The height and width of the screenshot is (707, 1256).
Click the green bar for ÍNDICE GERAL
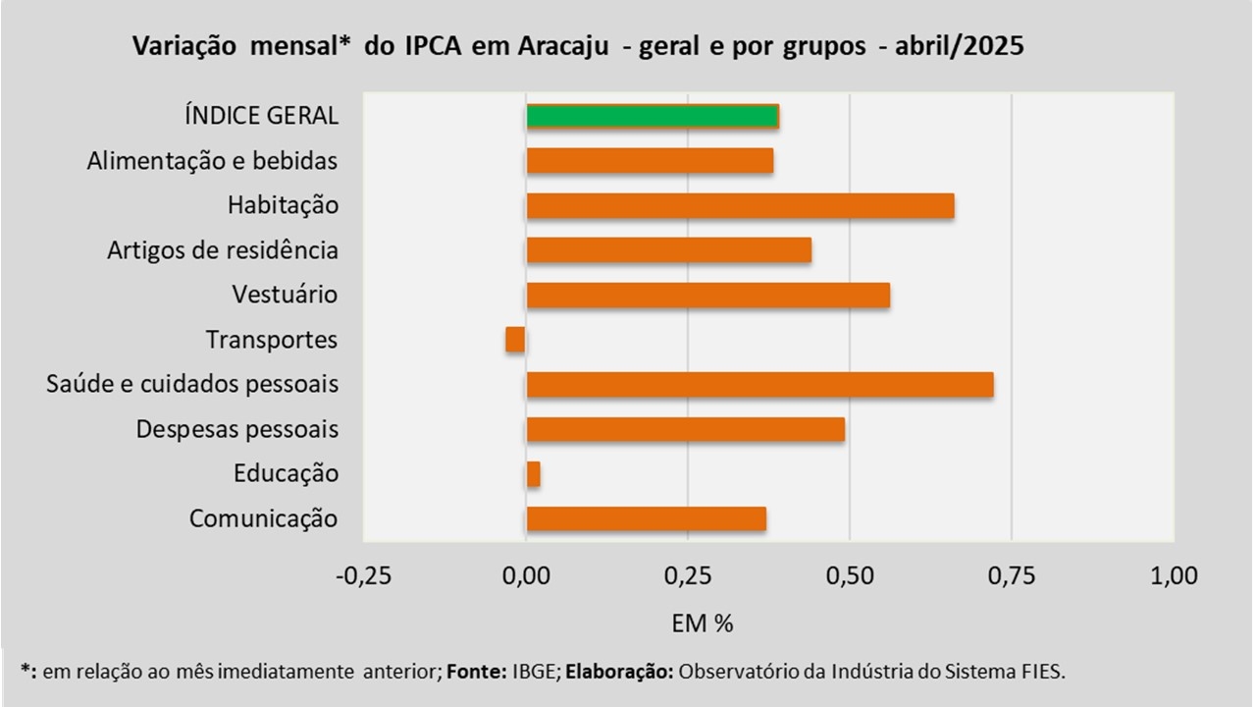[653, 116]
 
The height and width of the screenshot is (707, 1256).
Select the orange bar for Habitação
[740, 206]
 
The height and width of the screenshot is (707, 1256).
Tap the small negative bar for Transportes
[516, 340]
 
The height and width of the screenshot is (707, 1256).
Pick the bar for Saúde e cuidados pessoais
[759, 385]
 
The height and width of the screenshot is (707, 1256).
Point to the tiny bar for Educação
[534, 475]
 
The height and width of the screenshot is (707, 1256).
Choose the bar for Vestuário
[707, 296]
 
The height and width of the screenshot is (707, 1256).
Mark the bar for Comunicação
[646, 519]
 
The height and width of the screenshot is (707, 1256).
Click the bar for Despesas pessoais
[685, 430]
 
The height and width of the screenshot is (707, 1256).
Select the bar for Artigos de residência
[668, 250]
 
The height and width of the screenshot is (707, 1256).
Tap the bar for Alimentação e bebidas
[650, 161]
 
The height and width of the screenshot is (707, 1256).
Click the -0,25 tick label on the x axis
[363, 575]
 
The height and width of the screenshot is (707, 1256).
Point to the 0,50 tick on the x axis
[850, 575]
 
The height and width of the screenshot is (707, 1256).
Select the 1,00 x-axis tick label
[1174, 575]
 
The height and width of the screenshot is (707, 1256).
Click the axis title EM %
[703, 623]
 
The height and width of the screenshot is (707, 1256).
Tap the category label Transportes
[272, 341]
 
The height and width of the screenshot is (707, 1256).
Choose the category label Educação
[286, 474]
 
